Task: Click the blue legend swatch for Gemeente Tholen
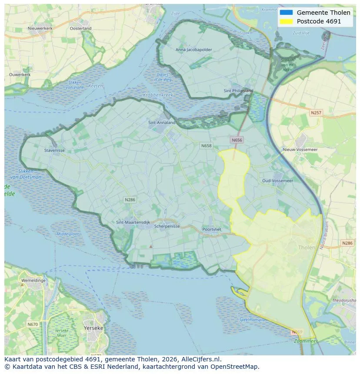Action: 286,13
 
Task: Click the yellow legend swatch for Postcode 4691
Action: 286,21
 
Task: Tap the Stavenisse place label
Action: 54,151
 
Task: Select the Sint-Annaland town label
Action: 162,122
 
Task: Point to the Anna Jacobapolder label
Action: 193,50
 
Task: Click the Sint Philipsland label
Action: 238,91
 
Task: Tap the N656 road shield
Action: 237,140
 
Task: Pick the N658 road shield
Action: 206,146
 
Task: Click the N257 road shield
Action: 316,113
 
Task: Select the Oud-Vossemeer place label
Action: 277,181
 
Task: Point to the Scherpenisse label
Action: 167,226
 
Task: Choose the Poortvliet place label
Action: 212,229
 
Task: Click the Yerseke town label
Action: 93,328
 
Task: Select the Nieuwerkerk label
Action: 40,28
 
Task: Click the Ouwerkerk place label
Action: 20,75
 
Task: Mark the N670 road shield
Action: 33,324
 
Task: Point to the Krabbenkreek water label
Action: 158,95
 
